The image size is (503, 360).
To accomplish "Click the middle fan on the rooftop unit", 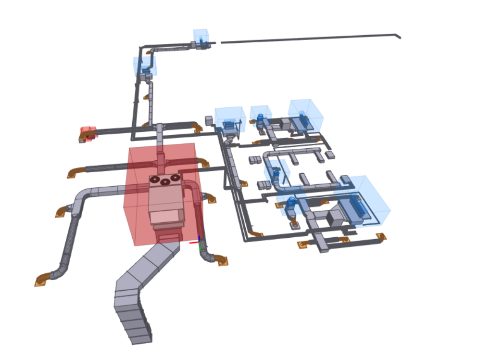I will tap(165, 181).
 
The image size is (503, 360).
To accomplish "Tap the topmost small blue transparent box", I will tap(201, 38).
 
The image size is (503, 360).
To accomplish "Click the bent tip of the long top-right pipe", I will tap(398, 36).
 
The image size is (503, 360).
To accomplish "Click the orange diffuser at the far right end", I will tap(381, 237).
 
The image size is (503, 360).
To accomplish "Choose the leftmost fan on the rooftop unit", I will tap(155, 180).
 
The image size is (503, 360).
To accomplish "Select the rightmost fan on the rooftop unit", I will tap(176, 178).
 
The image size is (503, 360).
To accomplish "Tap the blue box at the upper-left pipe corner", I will tap(144, 66).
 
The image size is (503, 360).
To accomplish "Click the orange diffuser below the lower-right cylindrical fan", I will tap(294, 224).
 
